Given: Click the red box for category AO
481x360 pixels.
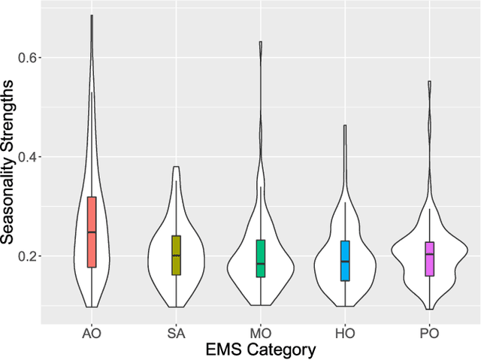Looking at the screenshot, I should click(x=92, y=231).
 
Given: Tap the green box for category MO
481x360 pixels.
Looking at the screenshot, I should click(x=261, y=258).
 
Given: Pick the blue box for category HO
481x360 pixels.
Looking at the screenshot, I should click(x=345, y=260).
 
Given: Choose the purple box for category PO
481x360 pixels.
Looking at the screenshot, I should click(x=429, y=259).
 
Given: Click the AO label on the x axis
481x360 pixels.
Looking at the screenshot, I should click(x=92, y=334).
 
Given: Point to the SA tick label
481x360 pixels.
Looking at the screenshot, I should click(x=176, y=334).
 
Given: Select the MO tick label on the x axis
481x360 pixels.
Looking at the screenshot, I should click(x=261, y=334).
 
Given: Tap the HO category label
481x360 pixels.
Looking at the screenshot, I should click(x=345, y=334).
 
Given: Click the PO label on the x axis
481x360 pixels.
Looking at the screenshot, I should click(x=429, y=334).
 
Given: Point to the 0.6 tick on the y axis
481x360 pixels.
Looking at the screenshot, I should click(x=28, y=58).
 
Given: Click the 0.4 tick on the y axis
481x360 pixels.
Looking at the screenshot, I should click(x=28, y=157).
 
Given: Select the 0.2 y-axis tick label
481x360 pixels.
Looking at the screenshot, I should click(x=28, y=256).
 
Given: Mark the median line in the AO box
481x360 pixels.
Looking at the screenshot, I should click(x=92, y=232).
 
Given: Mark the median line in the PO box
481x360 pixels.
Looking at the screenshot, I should click(x=429, y=254).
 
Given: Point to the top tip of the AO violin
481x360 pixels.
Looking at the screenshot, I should click(x=92, y=15).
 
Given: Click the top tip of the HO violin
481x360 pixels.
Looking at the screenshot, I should click(x=345, y=126).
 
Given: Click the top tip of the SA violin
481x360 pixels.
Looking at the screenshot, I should click(x=176, y=167).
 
